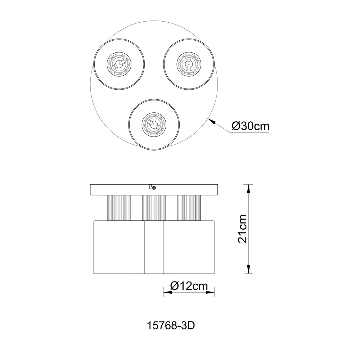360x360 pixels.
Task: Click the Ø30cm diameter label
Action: pyautogui.click(x=250, y=126)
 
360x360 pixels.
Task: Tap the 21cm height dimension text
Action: pyautogui.click(x=242, y=229)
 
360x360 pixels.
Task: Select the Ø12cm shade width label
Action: pyautogui.click(x=189, y=286)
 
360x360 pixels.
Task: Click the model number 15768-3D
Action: pyautogui.click(x=171, y=325)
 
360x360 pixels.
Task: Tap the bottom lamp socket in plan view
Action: pyautogui.click(x=154, y=125)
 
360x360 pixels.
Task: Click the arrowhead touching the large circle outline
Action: pyautogui.click(x=212, y=121)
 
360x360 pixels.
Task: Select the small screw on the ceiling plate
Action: pyautogui.click(x=154, y=188)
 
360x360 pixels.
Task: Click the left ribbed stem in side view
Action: pyautogui.click(x=119, y=208)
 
